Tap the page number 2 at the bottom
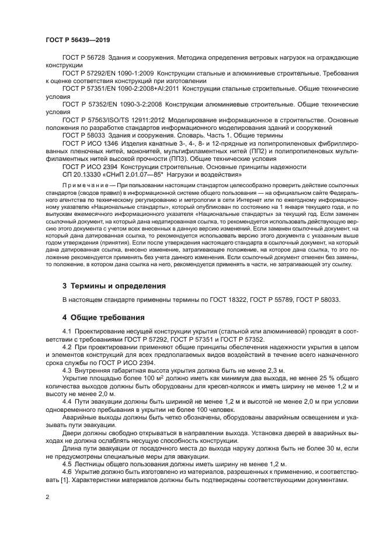point(47,497)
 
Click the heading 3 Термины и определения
point(114,286)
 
